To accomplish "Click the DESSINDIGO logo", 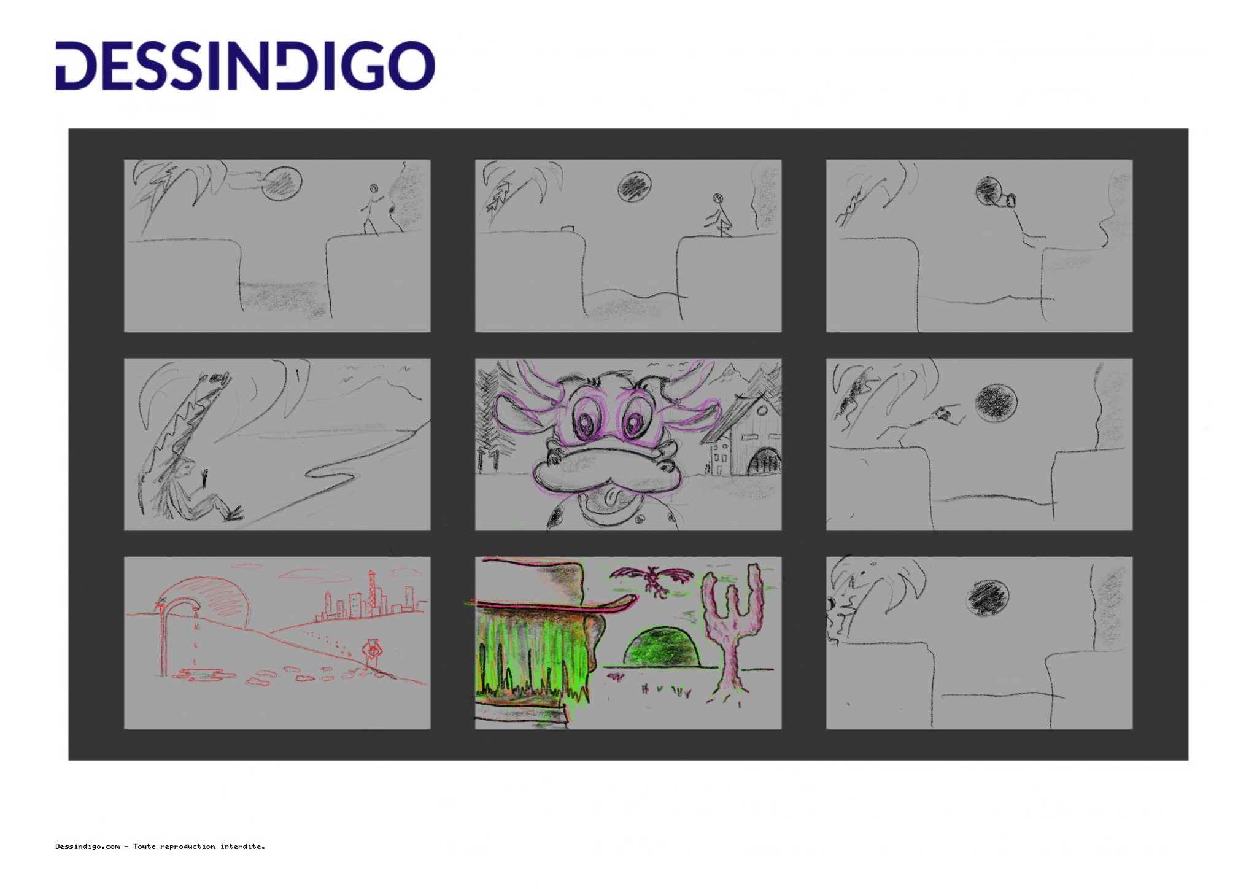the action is pos(246,66).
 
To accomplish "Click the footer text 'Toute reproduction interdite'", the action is pos(199,847).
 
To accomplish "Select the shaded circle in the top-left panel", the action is pos(282,183).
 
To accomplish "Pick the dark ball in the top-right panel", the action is pos(988,190).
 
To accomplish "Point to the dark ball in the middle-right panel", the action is pos(996,403).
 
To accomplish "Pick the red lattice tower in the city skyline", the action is pos(370,592).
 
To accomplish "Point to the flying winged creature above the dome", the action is pos(652,579).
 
